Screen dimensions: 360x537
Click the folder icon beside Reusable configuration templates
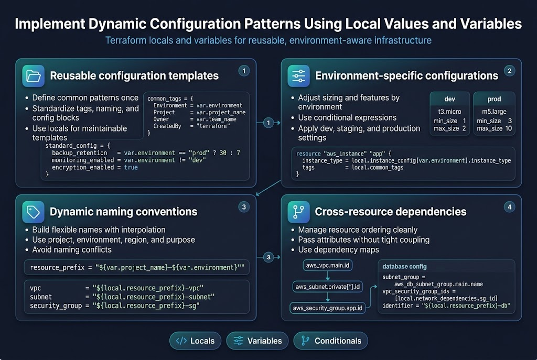(x=33, y=76)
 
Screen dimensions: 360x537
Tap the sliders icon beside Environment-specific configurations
(x=298, y=76)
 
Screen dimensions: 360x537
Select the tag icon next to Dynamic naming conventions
(x=33, y=212)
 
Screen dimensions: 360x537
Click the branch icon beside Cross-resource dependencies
(x=298, y=212)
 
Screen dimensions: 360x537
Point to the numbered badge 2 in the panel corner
(x=509, y=71)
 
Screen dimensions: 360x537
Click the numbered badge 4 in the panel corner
(x=509, y=207)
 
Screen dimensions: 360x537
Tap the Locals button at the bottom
(x=195, y=341)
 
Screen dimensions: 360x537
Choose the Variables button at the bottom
(x=257, y=341)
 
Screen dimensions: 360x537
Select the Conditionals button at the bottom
(x=330, y=341)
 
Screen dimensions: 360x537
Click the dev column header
(x=449, y=99)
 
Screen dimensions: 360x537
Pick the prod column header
(x=494, y=99)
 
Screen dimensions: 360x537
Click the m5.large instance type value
(x=494, y=112)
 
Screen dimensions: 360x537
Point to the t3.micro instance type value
(x=449, y=112)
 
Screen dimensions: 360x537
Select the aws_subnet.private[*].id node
(x=328, y=287)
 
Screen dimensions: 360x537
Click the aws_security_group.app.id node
(x=328, y=308)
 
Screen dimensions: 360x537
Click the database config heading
(x=404, y=267)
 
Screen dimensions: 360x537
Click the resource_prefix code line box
(x=137, y=267)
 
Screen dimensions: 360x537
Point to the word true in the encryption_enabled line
(x=131, y=167)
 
